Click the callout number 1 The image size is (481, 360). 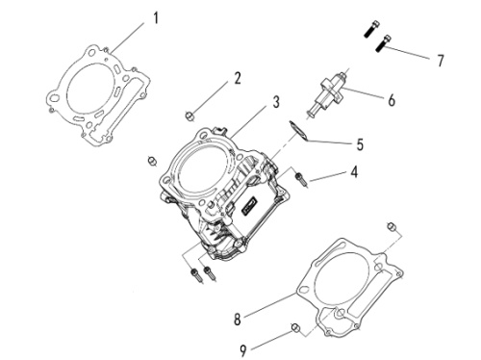[156, 18]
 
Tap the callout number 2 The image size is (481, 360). [238, 78]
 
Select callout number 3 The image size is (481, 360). [276, 102]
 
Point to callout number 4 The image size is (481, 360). [354, 172]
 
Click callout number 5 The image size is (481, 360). [360, 144]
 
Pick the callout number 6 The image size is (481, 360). [392, 100]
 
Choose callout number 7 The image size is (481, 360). [441, 61]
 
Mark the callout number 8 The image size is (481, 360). [238, 320]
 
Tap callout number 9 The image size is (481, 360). [243, 350]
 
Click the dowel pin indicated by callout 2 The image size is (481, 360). [190, 116]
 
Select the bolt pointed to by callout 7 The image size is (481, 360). [383, 43]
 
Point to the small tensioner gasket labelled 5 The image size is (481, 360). [299, 131]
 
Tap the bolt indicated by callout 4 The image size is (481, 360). [301, 179]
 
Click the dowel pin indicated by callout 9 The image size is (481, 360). [295, 328]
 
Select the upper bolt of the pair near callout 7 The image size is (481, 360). [372, 29]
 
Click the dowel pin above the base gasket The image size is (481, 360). [392, 227]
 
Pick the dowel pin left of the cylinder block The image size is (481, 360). [152, 160]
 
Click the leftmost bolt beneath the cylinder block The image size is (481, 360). [195, 275]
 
